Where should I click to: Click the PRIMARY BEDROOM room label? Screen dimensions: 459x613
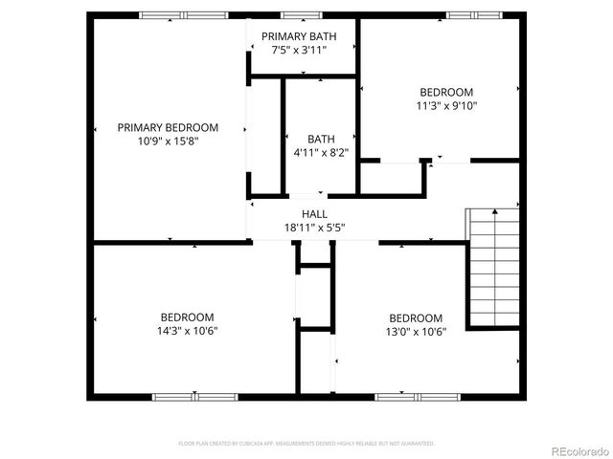[168, 127]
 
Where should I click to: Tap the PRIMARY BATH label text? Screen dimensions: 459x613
[299, 36]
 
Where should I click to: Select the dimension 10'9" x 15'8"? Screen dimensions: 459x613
[168, 141]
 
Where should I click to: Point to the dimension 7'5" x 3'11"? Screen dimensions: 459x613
[299, 50]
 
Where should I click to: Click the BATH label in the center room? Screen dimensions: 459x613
[320, 139]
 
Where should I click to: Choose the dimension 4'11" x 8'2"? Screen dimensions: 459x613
[320, 152]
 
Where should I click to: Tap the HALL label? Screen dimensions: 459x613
[314, 214]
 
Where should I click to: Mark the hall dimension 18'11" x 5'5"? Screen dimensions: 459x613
[314, 228]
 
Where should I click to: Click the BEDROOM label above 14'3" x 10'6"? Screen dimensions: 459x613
[187, 317]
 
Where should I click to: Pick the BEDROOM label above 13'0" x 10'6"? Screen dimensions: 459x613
[416, 318]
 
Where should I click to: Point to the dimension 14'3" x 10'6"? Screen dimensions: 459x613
[187, 331]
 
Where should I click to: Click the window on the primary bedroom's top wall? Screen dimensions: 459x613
[184, 15]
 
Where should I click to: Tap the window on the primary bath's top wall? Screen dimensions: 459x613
[300, 15]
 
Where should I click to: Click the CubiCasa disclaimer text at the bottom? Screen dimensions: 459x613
[306, 444]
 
